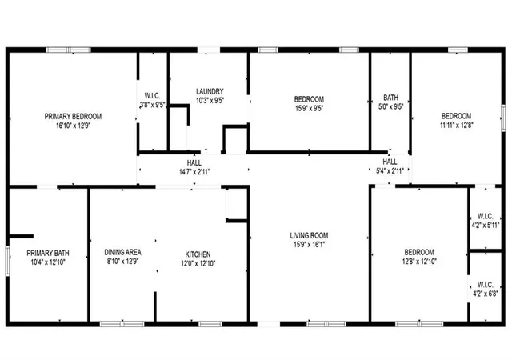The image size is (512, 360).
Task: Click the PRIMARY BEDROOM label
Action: pos(73,116)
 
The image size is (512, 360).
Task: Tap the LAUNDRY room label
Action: pos(210,91)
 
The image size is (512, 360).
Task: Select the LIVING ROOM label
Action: pos(309,235)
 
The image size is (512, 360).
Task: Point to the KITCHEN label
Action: pos(198,254)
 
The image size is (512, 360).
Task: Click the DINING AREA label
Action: pos(122,252)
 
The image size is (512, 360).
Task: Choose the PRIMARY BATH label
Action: pos(48,253)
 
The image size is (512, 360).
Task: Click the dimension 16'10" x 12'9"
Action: pos(73,126)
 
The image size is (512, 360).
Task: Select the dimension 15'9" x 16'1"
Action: pos(309,244)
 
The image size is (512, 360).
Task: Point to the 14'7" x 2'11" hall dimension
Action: pos(194,172)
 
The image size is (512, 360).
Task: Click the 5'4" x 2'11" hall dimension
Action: pos(390,170)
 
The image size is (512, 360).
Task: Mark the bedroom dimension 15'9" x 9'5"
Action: pos(309,108)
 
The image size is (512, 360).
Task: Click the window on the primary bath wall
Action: pos(7,262)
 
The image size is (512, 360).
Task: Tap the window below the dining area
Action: pos(122,324)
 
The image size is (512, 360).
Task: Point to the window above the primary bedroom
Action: pos(69,50)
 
